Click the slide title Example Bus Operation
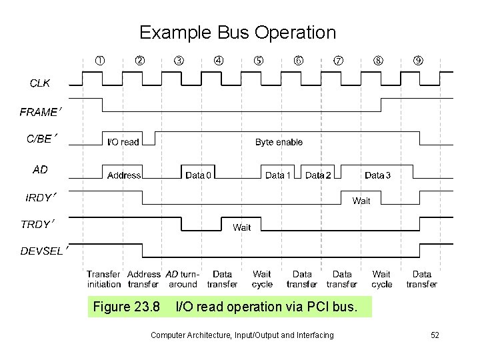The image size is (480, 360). tap(237, 32)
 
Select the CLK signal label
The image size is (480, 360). tap(39, 83)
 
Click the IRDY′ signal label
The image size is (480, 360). tap(41, 197)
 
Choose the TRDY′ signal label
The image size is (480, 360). tap(37, 224)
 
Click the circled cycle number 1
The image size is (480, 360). tap(99, 61)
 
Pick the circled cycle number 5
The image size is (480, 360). tap(259, 61)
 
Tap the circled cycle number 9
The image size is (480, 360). tap(419, 61)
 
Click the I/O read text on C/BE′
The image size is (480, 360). tap(123, 142)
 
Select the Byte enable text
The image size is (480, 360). tap(279, 142)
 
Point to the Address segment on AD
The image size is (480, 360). tap(124, 175)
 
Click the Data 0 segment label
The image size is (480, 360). tap(199, 175)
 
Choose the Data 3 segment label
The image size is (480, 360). tap(378, 175)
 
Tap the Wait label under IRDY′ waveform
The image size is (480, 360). tap(361, 201)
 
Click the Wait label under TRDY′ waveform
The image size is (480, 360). tap(242, 227)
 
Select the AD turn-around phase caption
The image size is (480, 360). tap(182, 279)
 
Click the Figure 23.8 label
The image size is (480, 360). tap(127, 307)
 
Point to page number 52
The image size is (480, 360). tap(435, 335)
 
